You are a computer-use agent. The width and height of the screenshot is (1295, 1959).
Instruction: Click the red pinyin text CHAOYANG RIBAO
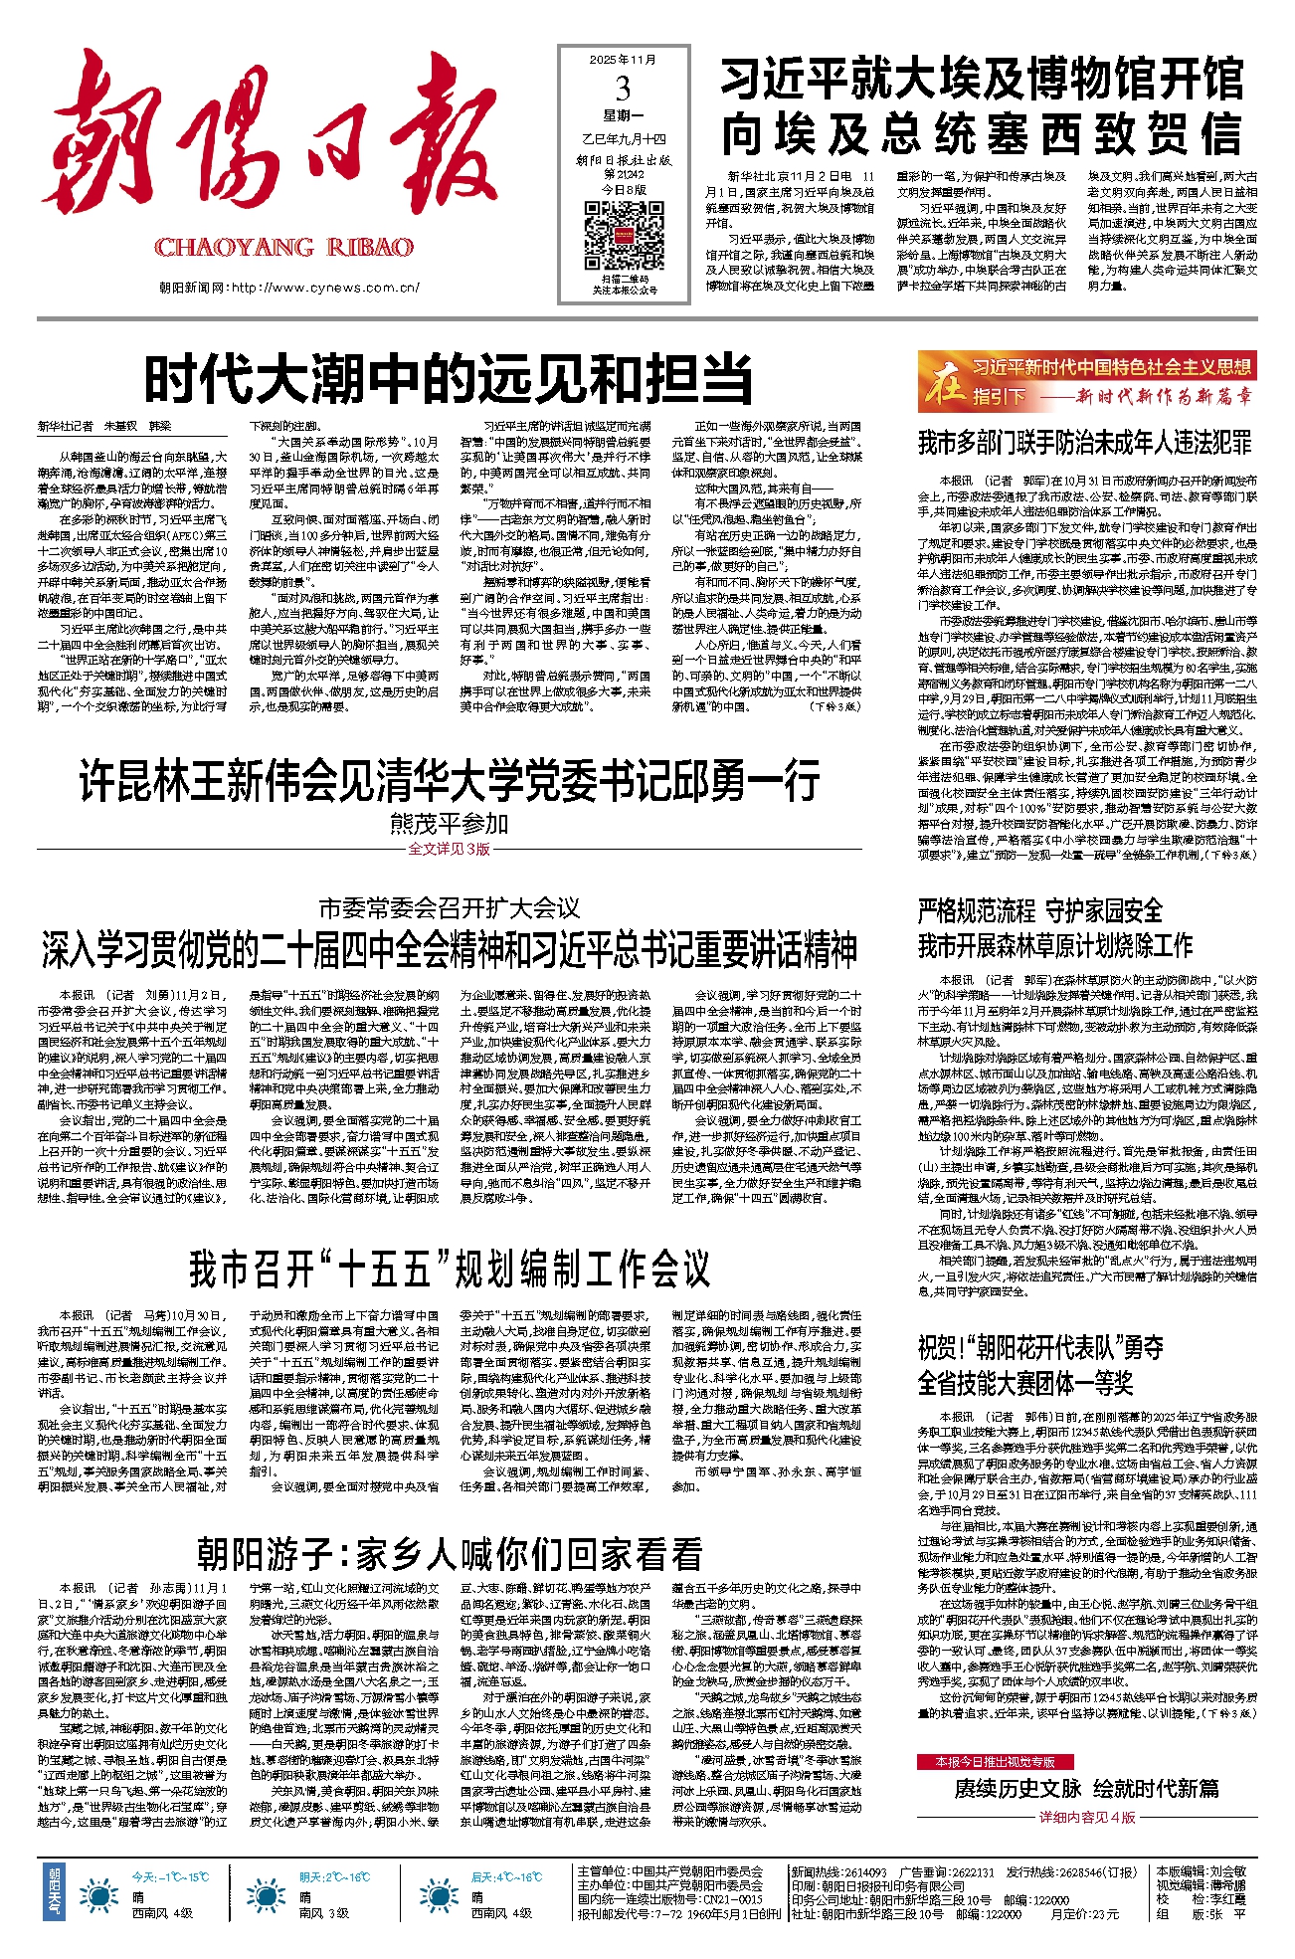tap(283, 248)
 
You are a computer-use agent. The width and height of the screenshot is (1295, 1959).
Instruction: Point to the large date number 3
tap(623, 90)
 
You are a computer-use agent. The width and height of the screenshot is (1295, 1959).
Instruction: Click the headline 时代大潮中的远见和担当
tap(449, 378)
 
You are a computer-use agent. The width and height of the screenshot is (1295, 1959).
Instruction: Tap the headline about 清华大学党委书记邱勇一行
tap(449, 780)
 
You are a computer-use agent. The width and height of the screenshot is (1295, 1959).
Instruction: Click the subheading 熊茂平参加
tap(449, 823)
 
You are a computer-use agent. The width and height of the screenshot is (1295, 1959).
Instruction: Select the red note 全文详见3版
tap(449, 849)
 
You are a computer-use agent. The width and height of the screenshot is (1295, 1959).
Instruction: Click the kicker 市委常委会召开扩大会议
tap(449, 907)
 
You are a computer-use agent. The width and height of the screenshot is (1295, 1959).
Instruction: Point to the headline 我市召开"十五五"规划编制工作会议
tap(449, 1270)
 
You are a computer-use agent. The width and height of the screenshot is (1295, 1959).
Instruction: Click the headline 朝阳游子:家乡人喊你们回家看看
tap(449, 1553)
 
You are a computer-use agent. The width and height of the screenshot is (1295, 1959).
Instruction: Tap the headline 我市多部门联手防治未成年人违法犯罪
tap(1084, 442)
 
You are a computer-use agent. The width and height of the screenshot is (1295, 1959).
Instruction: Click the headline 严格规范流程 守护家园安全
tap(1039, 910)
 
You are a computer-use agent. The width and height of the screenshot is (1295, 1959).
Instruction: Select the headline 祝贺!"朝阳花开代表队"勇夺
tap(1039, 1348)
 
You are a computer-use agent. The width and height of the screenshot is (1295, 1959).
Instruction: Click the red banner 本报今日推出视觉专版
tap(995, 1761)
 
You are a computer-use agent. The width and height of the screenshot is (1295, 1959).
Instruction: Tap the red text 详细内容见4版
tap(1087, 1817)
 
